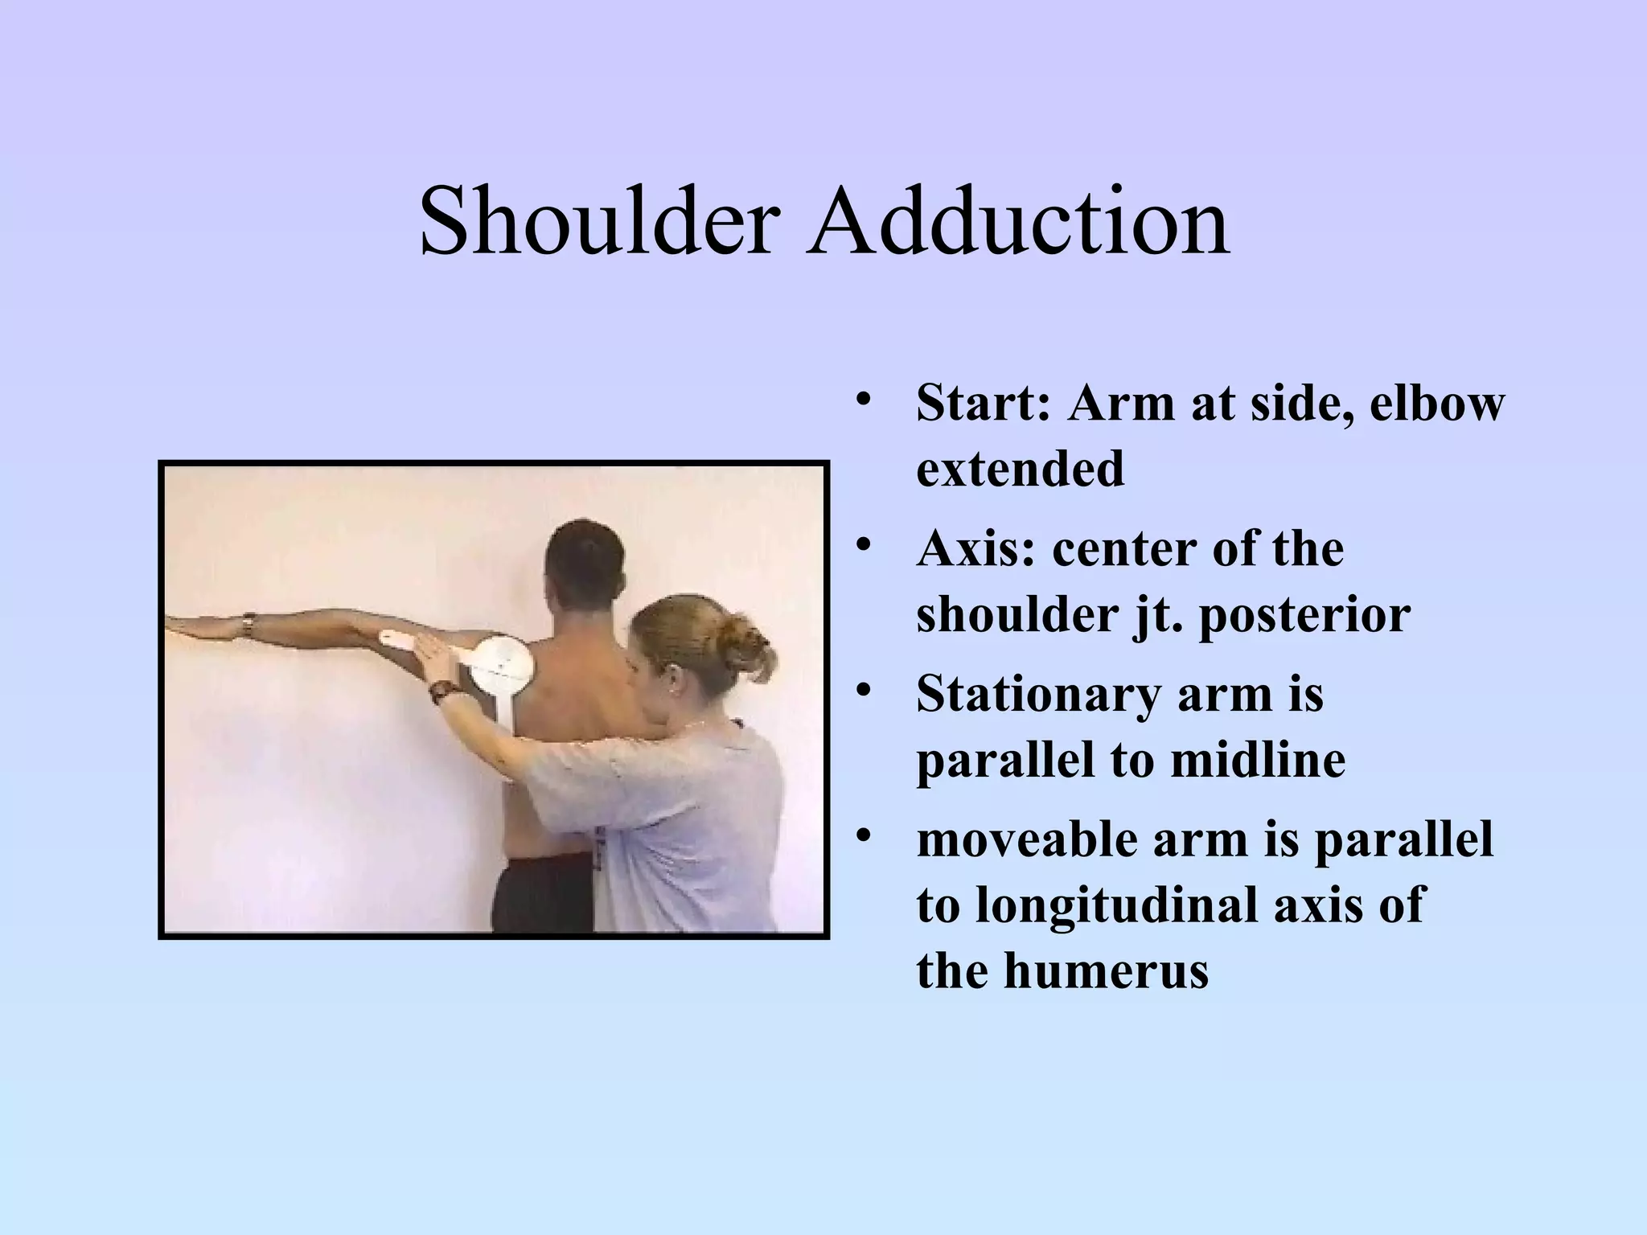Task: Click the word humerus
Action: [1107, 970]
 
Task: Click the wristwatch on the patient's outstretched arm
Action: [249, 626]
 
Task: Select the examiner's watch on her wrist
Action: [441, 691]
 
